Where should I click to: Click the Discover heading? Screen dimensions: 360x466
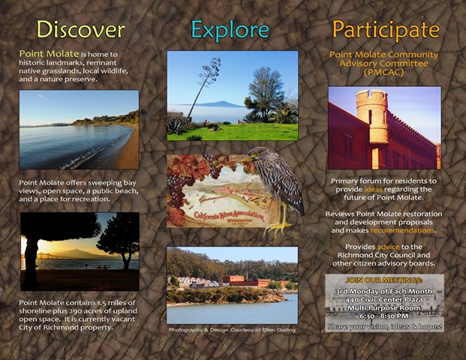tap(80, 29)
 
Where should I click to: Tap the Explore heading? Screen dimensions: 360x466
tap(230, 29)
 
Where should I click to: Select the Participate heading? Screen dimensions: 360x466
tap(385, 29)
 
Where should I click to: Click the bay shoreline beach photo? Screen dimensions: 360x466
tap(80, 129)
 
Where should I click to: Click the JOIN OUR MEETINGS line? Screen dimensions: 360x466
tap(384, 280)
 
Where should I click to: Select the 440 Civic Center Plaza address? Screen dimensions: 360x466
tap(384, 298)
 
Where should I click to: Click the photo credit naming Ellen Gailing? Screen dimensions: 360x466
tap(232, 329)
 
